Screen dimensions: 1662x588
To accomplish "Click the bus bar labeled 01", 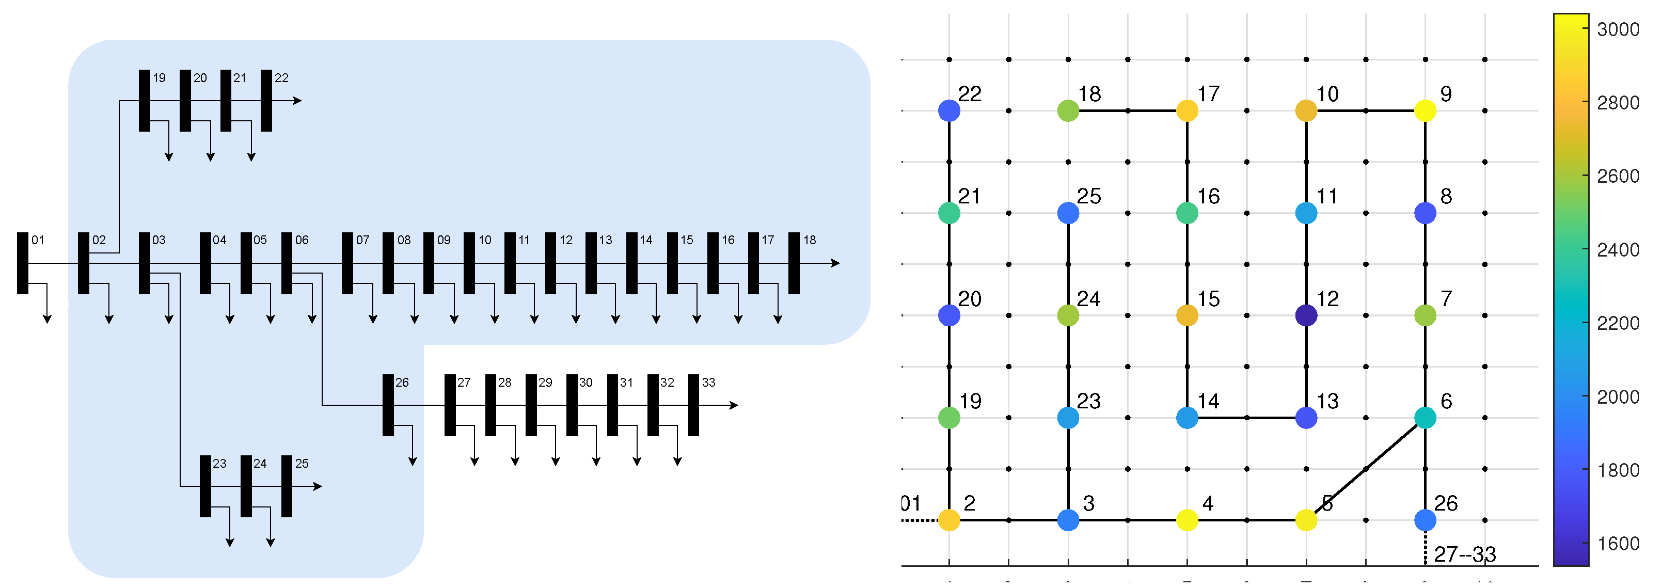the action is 23,263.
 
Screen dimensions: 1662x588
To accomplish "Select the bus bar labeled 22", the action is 266,101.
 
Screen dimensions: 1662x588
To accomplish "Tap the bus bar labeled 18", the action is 794,263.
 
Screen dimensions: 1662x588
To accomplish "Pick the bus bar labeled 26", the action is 388,405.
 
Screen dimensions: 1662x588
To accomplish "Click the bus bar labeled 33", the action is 693,405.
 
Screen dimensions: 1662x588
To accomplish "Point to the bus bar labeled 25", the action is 287,486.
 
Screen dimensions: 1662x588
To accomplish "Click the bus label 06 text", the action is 302,240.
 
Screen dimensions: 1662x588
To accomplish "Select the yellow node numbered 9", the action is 1425,110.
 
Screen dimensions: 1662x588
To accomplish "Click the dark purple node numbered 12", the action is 1306,315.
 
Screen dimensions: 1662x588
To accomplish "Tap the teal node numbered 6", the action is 1425,418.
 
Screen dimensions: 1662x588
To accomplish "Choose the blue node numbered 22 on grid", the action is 949,110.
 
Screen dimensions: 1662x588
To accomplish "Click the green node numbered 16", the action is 1187,213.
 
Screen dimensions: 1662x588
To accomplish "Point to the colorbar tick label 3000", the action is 1618,29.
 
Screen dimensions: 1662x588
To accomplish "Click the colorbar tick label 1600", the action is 1618,544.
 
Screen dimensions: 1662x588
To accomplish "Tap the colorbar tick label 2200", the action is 1618,323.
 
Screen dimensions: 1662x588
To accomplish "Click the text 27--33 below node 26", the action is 1465,554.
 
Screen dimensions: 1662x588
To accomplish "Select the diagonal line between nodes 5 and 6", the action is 1366,469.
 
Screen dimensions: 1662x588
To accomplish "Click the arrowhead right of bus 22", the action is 297,101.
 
